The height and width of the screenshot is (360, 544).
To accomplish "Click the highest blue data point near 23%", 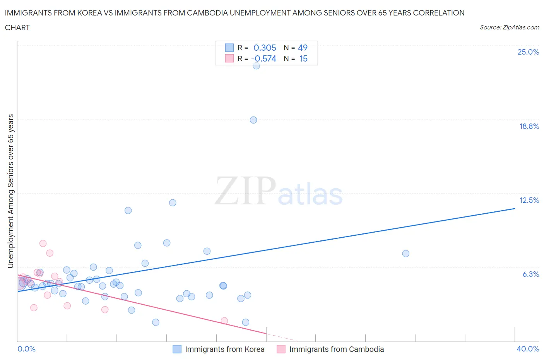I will (x=256, y=66).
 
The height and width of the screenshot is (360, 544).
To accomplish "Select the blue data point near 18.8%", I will (x=253, y=120).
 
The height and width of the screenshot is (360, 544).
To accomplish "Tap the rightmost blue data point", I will (x=405, y=254).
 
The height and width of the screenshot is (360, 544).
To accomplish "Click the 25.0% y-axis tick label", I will (x=528, y=52).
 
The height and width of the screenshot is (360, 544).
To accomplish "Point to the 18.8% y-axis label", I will (x=529, y=126).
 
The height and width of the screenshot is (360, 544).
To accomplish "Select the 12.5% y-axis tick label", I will (x=529, y=200).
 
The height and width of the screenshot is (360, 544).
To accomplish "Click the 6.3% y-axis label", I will (x=530, y=274).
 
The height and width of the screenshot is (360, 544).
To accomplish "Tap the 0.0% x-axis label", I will (x=27, y=349).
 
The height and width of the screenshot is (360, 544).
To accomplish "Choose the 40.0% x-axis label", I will (x=528, y=349).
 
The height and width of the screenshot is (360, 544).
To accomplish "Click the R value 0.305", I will (x=265, y=48).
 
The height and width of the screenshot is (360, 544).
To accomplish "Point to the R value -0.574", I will (x=263, y=59).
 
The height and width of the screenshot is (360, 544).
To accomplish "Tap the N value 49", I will (x=303, y=48).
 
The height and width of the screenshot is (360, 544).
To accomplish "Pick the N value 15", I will (x=303, y=59).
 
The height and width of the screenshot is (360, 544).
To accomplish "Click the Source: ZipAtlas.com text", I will (x=509, y=27).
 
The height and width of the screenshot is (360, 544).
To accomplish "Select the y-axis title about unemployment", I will (x=11, y=191).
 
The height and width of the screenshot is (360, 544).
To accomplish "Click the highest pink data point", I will (x=43, y=243).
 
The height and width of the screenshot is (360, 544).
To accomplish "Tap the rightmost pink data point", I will (x=224, y=321).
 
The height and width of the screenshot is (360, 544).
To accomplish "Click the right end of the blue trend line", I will (x=515, y=209).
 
